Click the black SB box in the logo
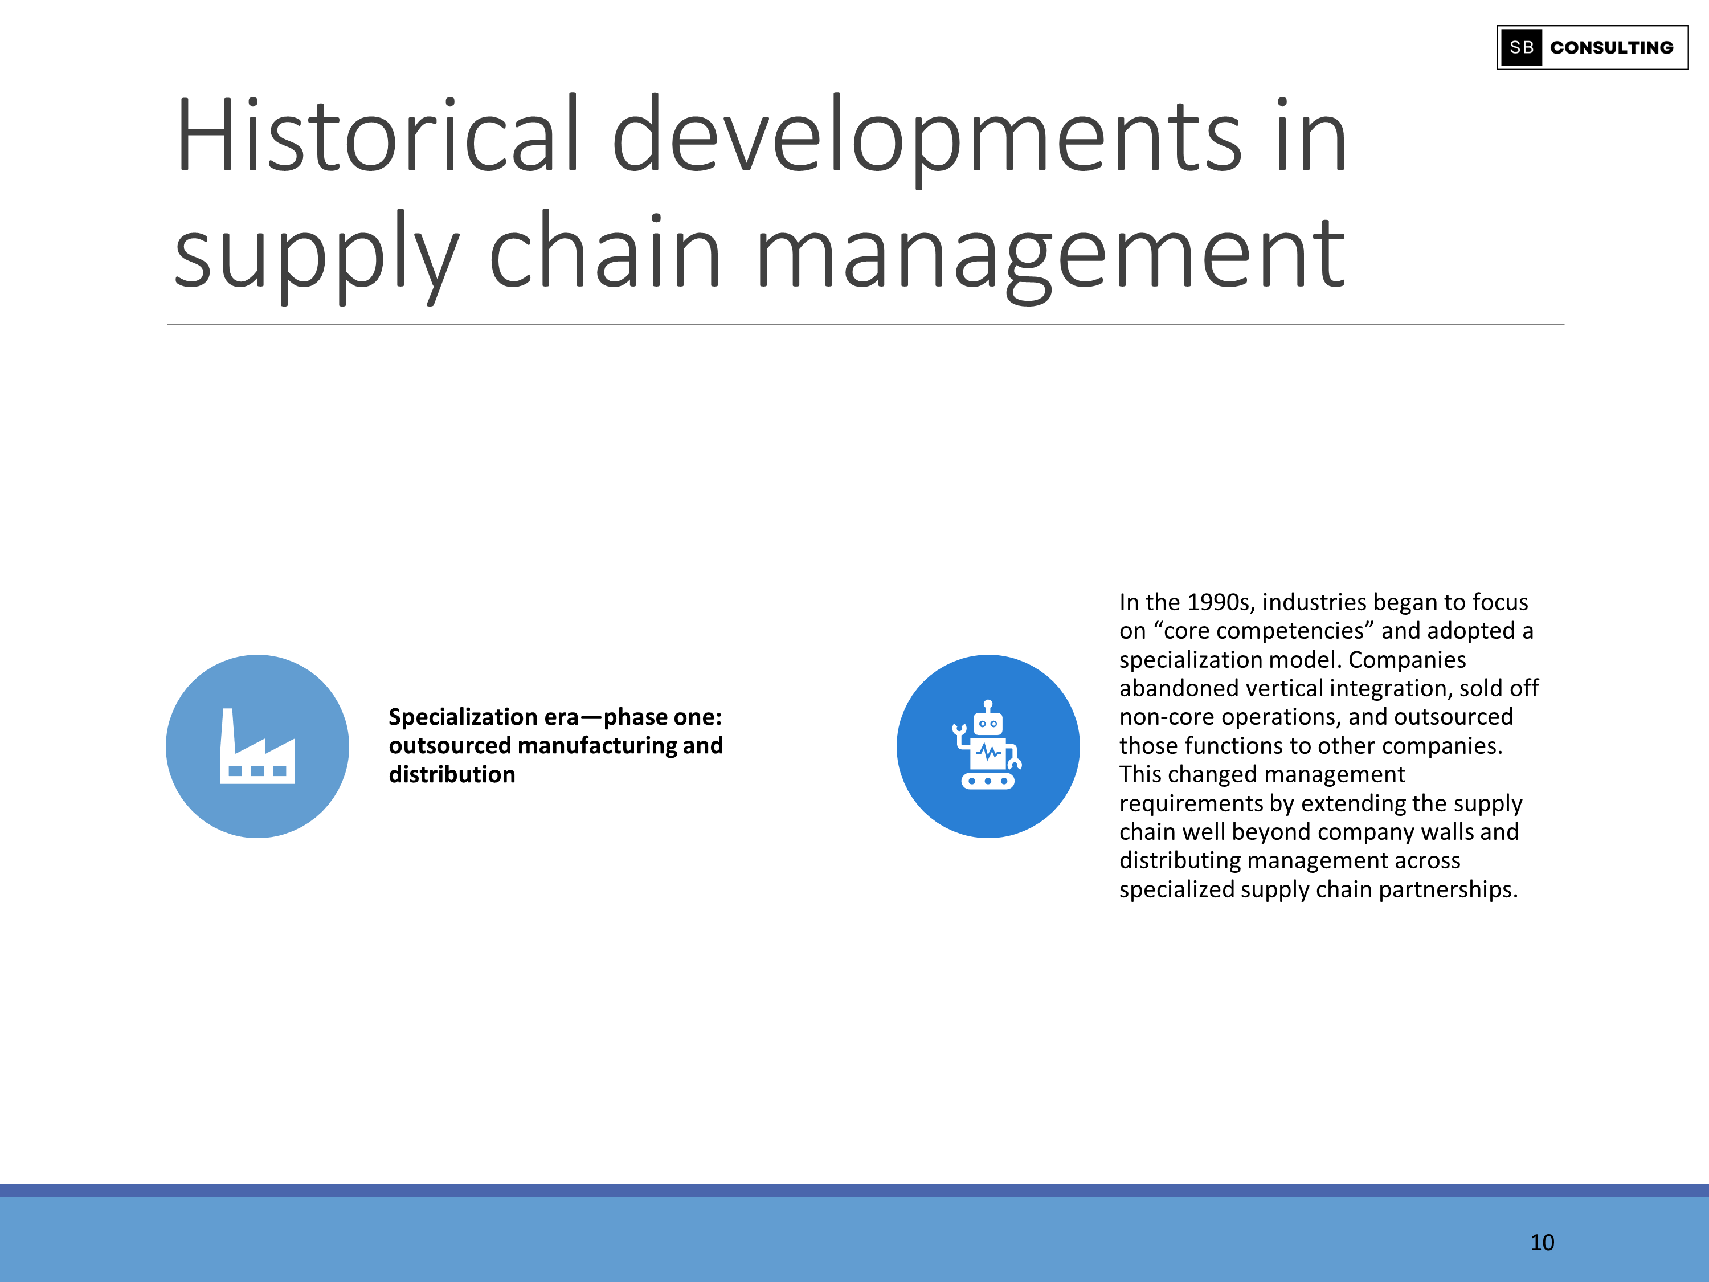click(1520, 48)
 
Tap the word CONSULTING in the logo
click(1612, 48)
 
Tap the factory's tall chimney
click(228, 731)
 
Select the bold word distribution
click(452, 774)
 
